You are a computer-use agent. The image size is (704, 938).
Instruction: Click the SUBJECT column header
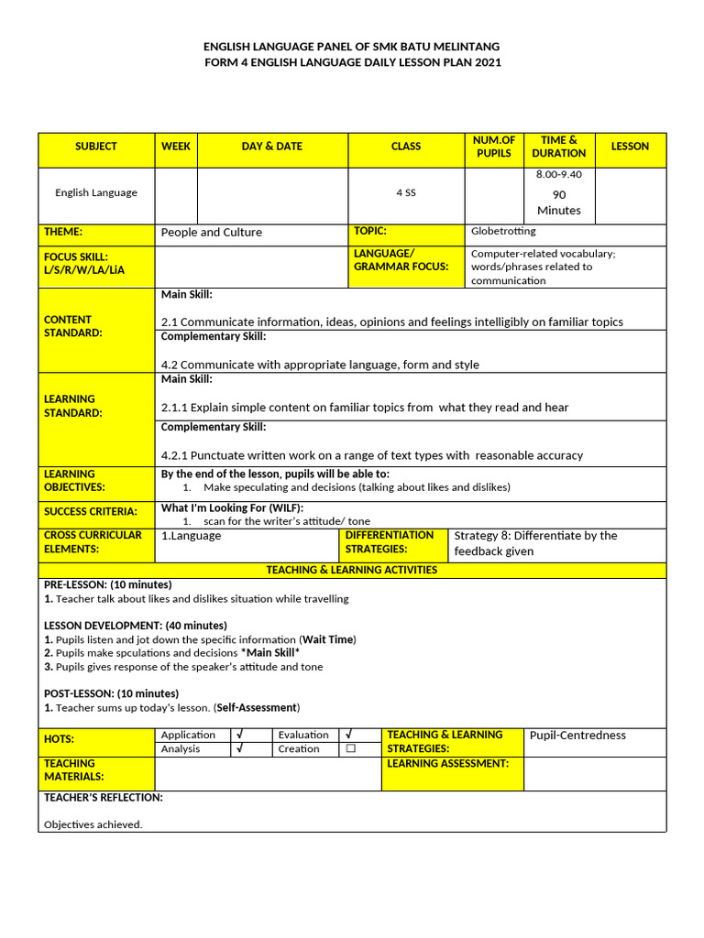click(x=96, y=147)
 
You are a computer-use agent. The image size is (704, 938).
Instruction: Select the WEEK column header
click(x=176, y=147)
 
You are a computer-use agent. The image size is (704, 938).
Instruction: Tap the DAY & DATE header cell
click(x=272, y=147)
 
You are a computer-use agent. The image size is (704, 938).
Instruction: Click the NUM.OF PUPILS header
click(x=494, y=147)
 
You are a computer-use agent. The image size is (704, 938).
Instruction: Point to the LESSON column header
click(x=630, y=147)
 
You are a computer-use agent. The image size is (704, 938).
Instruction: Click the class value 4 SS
click(x=406, y=193)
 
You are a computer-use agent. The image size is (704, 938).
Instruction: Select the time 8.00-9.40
click(x=558, y=174)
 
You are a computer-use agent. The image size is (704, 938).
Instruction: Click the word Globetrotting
click(x=503, y=232)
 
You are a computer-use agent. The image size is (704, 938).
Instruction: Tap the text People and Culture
click(x=212, y=233)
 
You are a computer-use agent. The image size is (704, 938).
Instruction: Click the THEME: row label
click(x=63, y=233)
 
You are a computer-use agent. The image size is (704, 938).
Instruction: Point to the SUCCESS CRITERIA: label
click(x=91, y=512)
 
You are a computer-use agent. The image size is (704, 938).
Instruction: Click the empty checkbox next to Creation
click(x=350, y=749)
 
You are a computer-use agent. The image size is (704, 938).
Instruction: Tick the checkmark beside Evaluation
click(x=350, y=735)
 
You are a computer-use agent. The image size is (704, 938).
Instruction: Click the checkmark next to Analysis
click(x=239, y=749)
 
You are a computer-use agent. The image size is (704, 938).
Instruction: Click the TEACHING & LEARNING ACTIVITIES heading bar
click(x=352, y=570)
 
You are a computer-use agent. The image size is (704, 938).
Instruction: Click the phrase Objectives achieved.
click(x=93, y=824)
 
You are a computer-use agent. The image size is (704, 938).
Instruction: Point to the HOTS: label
click(x=60, y=739)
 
